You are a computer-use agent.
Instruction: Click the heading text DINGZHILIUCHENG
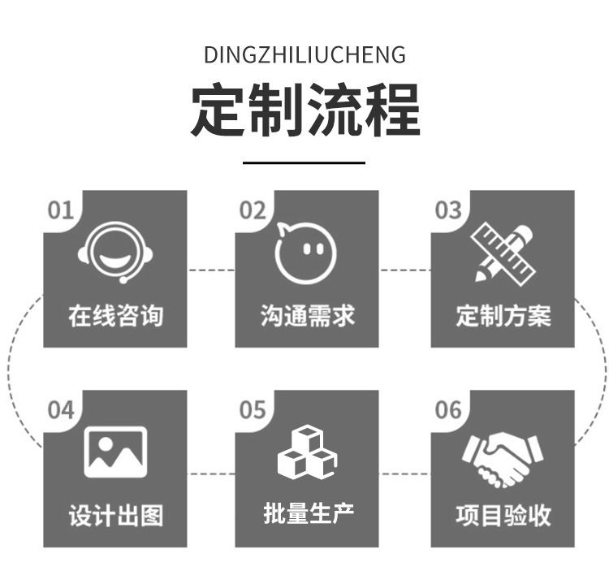304,54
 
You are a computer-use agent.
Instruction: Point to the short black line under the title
304,162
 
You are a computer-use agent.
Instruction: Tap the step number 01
61,210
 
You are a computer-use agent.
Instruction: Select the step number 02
253,210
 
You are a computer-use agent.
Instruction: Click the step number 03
448,210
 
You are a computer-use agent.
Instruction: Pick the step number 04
61,410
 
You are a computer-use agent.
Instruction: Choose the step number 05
253,410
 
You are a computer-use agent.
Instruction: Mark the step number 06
448,410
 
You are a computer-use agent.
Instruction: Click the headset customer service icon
115,253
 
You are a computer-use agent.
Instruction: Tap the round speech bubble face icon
305,253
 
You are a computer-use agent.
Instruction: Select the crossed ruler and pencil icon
503,253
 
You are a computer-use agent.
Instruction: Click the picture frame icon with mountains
115,452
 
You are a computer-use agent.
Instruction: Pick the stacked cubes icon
308,452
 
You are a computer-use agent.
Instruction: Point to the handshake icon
503,460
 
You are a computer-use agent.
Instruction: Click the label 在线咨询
115,316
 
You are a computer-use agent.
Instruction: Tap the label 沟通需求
308,316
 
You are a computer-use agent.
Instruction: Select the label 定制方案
503,316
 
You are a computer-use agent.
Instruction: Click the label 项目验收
503,516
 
